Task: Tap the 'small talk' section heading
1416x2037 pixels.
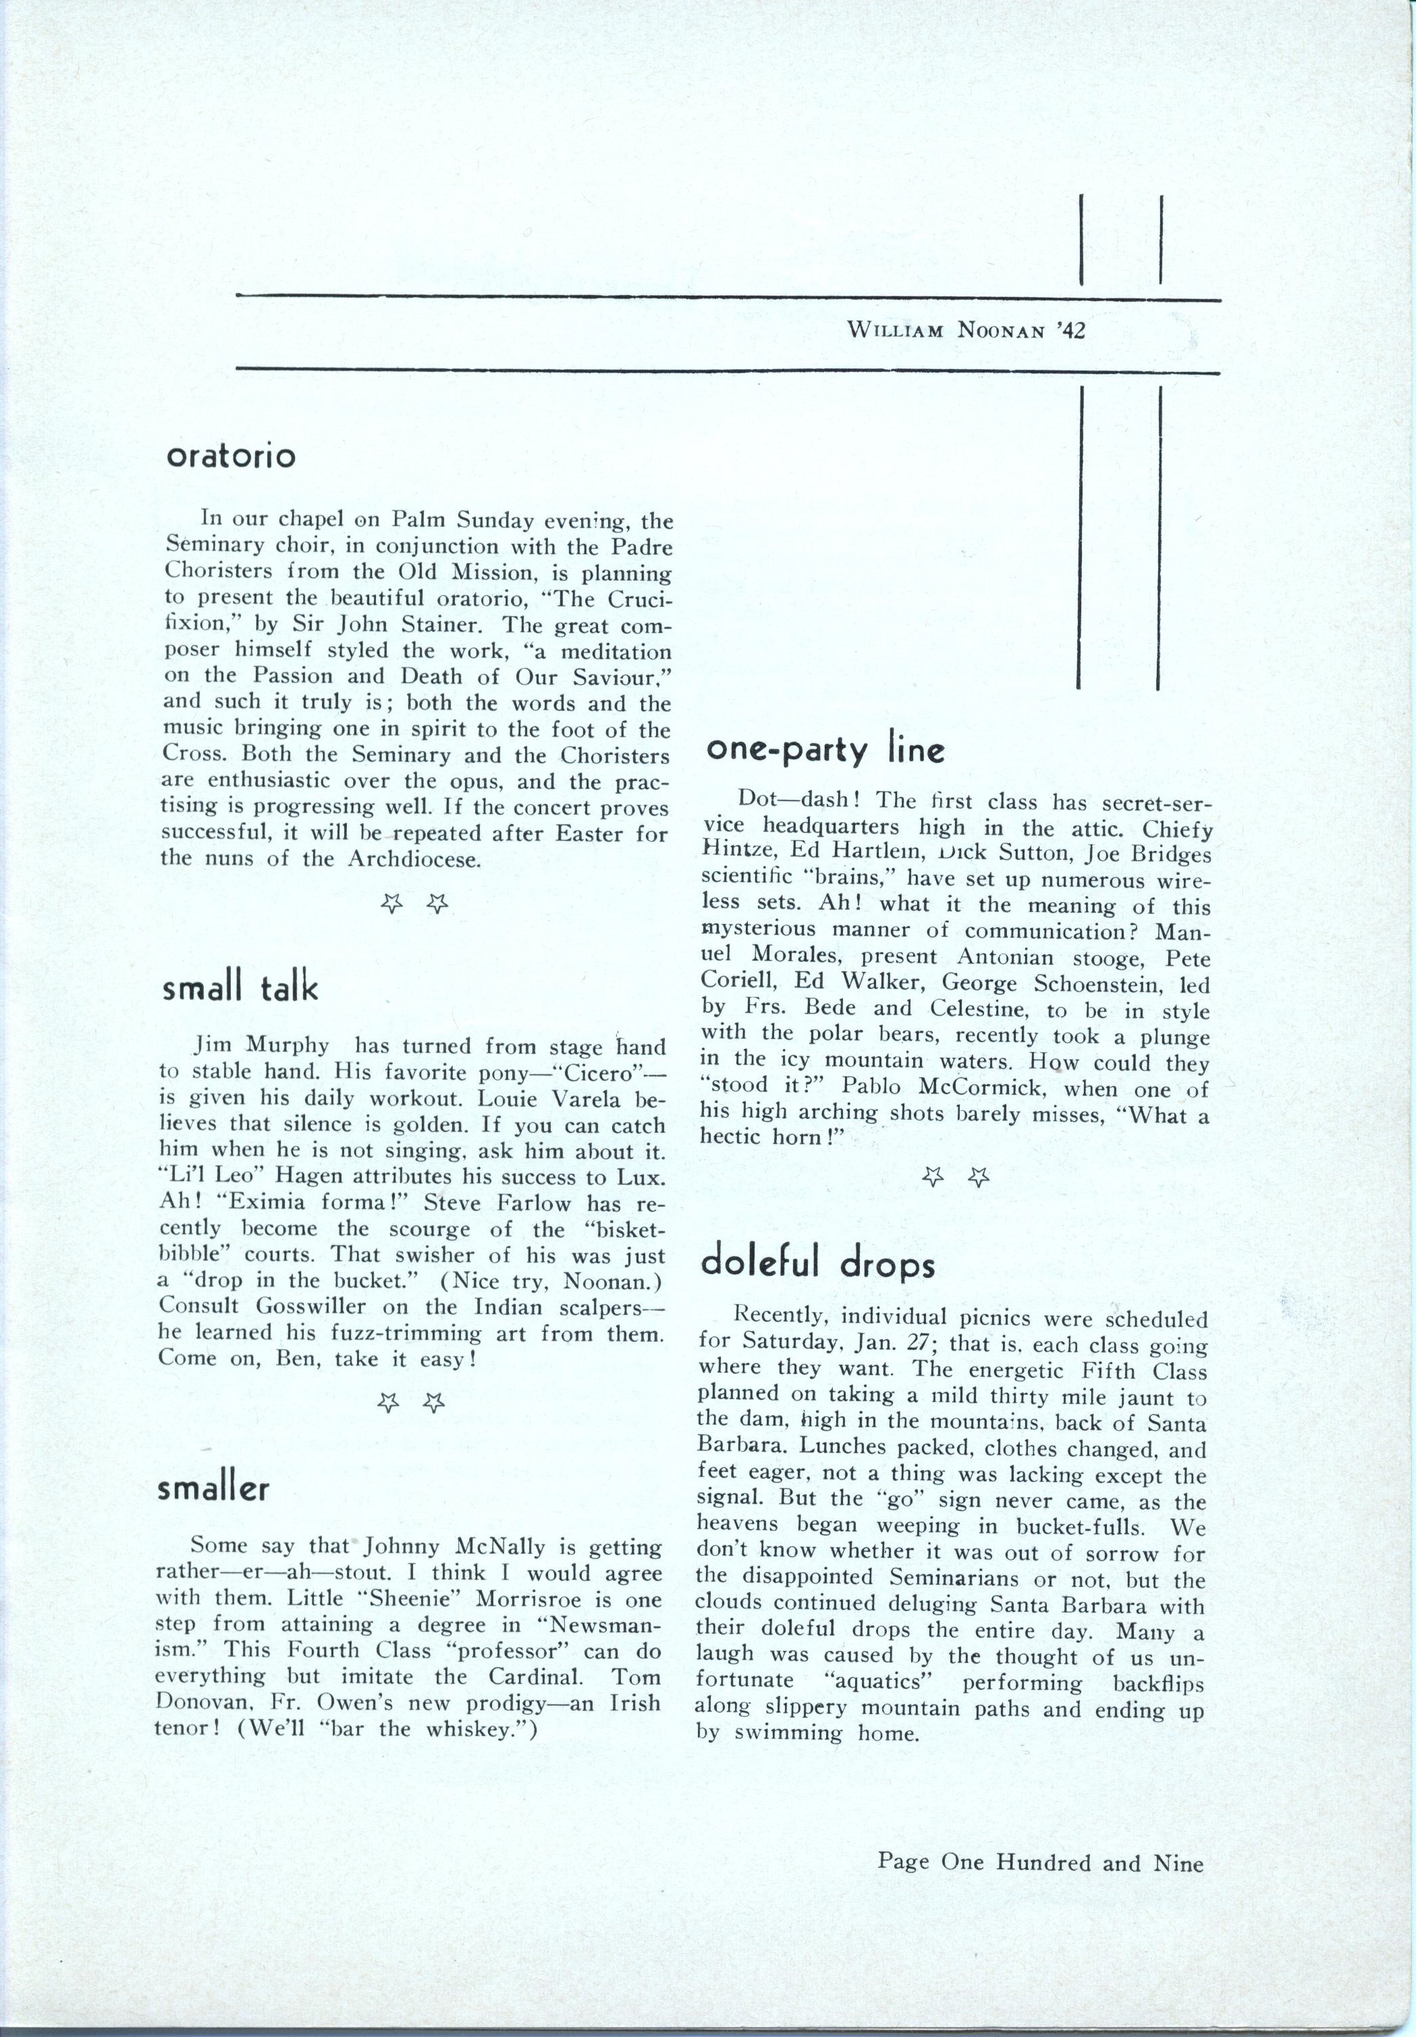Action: click(x=239, y=989)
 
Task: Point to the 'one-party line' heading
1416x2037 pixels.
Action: click(x=825, y=751)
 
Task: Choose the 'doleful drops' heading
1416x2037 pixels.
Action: click(x=817, y=1264)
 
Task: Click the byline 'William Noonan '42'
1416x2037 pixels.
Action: click(x=967, y=331)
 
